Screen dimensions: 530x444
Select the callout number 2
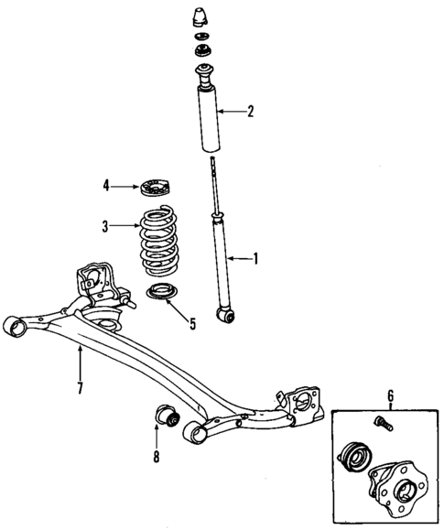[249, 113]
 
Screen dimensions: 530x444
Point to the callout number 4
[107, 187]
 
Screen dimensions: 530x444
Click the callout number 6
[391, 395]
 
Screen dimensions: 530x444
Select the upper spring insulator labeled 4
[153, 189]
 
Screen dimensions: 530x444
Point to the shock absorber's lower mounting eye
[224, 315]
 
